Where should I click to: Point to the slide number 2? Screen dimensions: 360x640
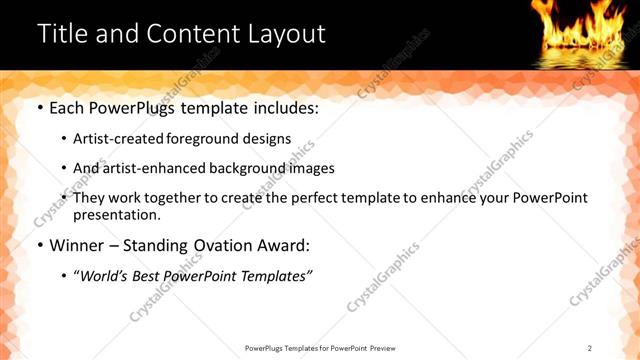(590, 348)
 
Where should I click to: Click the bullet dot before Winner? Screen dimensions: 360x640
(39, 245)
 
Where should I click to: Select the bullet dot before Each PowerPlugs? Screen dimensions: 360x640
(39, 107)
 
